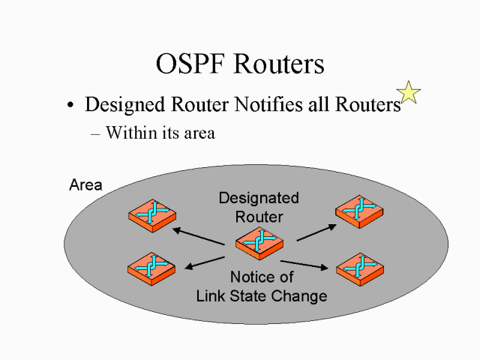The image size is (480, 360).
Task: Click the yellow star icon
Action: (409, 93)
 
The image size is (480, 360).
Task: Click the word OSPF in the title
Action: (192, 64)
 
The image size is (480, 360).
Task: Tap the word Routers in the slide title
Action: (280, 64)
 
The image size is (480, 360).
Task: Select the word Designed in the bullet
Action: (123, 106)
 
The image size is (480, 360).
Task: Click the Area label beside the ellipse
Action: (85, 184)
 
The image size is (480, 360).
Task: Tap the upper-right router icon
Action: (359, 211)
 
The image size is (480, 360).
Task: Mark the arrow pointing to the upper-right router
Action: (314, 231)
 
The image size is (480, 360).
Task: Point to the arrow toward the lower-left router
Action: (205, 259)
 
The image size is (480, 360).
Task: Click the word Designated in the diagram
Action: (259, 198)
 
